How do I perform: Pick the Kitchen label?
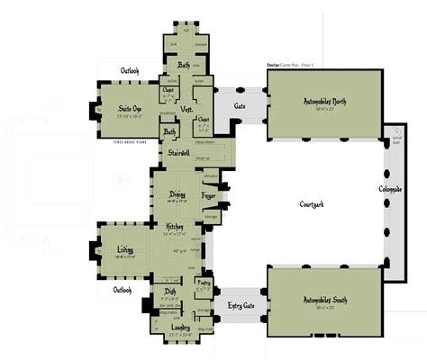click(x=175, y=227)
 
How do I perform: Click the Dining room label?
click(x=177, y=194)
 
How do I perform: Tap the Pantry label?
click(x=204, y=283)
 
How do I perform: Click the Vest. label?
click(x=187, y=109)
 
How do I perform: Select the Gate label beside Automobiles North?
click(x=240, y=107)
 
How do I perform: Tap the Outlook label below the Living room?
click(x=123, y=290)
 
